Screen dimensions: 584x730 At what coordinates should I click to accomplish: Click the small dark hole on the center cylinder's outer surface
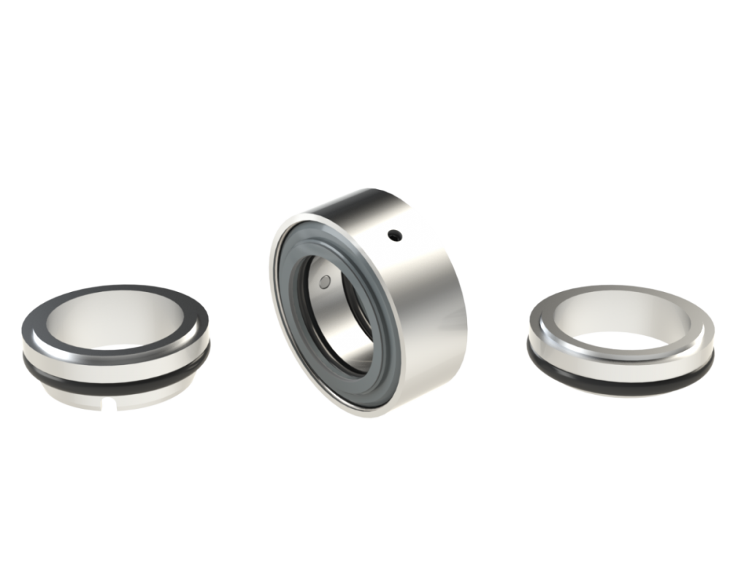coord(394,235)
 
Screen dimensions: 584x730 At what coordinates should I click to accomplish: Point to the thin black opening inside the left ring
coord(117,347)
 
